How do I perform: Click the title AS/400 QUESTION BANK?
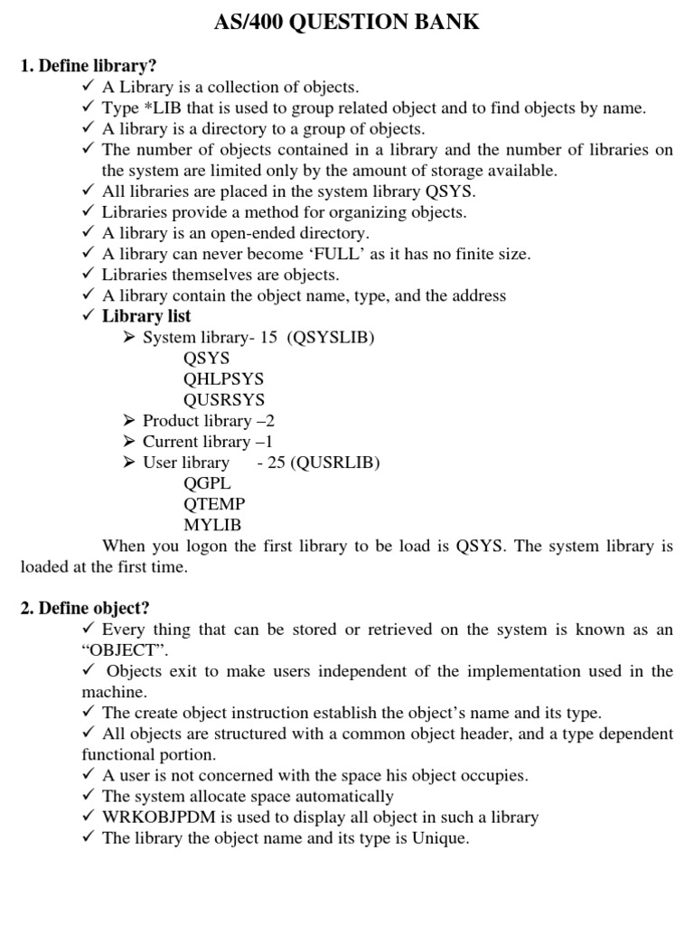tap(347, 23)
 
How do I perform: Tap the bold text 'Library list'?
tap(146, 316)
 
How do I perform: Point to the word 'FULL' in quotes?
tap(335, 254)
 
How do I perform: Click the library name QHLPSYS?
tap(223, 379)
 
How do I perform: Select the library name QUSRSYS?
tap(224, 400)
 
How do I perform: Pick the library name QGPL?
tap(207, 483)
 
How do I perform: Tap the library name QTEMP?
tap(214, 504)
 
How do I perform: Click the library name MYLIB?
tap(212, 525)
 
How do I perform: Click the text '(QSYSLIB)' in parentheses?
tap(330, 338)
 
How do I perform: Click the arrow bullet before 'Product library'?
tap(128, 421)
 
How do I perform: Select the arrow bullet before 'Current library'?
tap(128, 442)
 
